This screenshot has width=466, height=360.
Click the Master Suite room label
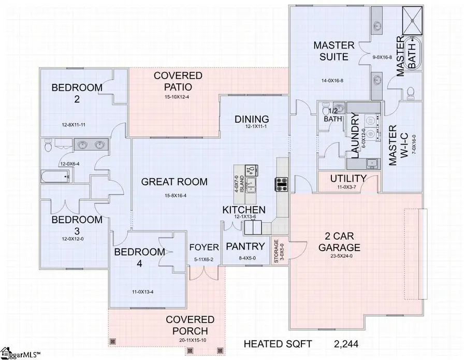(334, 51)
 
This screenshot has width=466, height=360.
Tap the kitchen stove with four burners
(282, 184)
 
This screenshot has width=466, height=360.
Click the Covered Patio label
(178, 81)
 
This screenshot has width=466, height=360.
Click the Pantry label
(245, 247)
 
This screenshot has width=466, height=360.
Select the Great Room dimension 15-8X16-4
(174, 195)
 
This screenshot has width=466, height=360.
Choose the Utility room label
(348, 179)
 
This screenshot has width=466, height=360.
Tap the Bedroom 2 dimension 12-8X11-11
(76, 125)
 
